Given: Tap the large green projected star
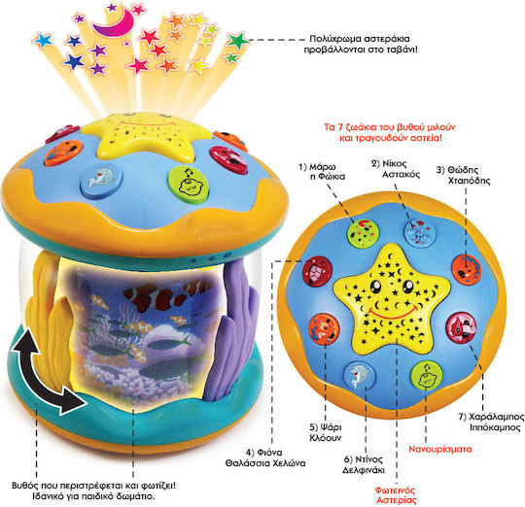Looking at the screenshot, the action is pos(238,41).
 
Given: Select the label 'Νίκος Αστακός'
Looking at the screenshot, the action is pos(396,169).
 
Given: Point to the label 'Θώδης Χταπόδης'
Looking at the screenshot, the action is pos(464,175).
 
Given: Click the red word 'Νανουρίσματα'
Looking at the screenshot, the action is pos(440,449).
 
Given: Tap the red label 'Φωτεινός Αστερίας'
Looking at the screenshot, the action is pos(396,495).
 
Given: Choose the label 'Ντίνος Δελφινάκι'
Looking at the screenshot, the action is pos(364,464).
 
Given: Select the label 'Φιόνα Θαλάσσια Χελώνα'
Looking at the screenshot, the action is pos(265,457).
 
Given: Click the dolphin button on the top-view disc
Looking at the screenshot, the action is pos(360,376).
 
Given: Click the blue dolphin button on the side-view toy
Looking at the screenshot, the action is pos(101,181).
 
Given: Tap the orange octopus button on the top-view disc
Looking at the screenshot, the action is pos(467,270).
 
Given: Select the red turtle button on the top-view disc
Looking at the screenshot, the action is pos(317,272).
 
